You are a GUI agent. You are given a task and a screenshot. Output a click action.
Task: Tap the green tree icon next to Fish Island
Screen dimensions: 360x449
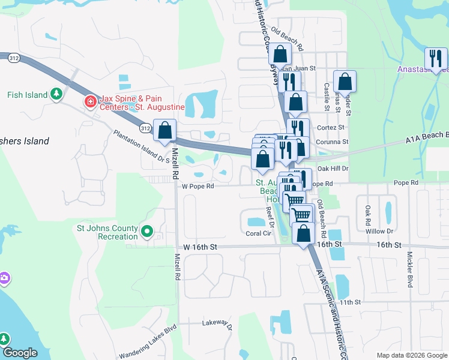(x=56, y=94)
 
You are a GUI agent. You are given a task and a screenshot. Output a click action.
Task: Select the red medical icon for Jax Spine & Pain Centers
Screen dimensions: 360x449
(x=91, y=102)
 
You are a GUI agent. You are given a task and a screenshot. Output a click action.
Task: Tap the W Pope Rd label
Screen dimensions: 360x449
(x=198, y=186)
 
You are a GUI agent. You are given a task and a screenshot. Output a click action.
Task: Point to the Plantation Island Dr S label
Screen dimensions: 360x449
(x=142, y=146)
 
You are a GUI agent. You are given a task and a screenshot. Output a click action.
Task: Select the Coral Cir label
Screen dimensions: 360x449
(x=258, y=234)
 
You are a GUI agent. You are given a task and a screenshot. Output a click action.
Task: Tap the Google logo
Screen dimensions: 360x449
(x=20, y=353)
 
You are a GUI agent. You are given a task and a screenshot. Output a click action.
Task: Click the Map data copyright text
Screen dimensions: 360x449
(x=411, y=355)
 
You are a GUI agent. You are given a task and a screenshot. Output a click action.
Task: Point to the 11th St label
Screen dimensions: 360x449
(x=351, y=302)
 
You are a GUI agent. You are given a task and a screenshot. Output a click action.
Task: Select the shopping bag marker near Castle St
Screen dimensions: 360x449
(x=345, y=81)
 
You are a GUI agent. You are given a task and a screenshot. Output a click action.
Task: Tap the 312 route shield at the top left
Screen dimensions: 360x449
(x=14, y=58)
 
